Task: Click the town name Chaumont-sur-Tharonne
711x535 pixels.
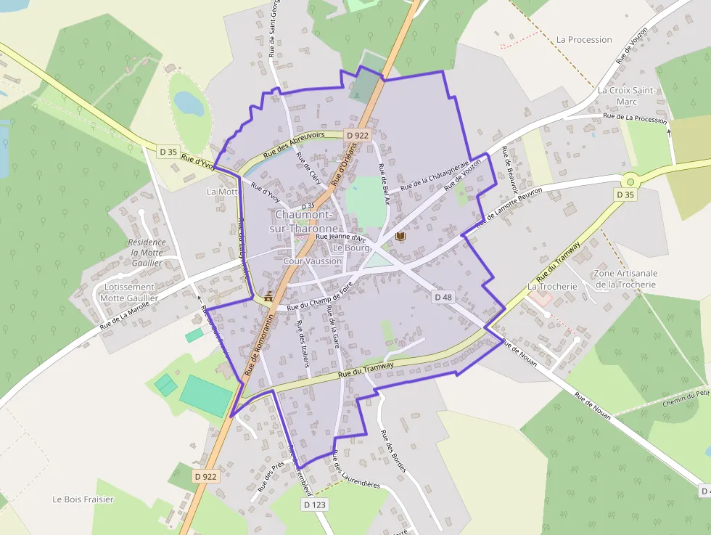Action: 304,221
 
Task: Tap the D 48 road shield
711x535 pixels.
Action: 443,297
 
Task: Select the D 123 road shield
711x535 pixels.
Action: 315,505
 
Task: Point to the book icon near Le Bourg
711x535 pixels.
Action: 400,237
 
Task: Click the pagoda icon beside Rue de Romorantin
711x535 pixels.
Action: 270,296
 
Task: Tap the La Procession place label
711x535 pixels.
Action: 584,40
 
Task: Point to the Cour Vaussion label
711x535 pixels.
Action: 313,261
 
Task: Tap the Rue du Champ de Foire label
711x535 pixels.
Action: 319,298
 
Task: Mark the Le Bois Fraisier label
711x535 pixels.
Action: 83,499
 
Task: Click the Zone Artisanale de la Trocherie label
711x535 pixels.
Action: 625,279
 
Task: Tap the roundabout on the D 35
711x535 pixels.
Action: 630,181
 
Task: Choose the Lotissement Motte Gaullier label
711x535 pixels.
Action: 129,293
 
